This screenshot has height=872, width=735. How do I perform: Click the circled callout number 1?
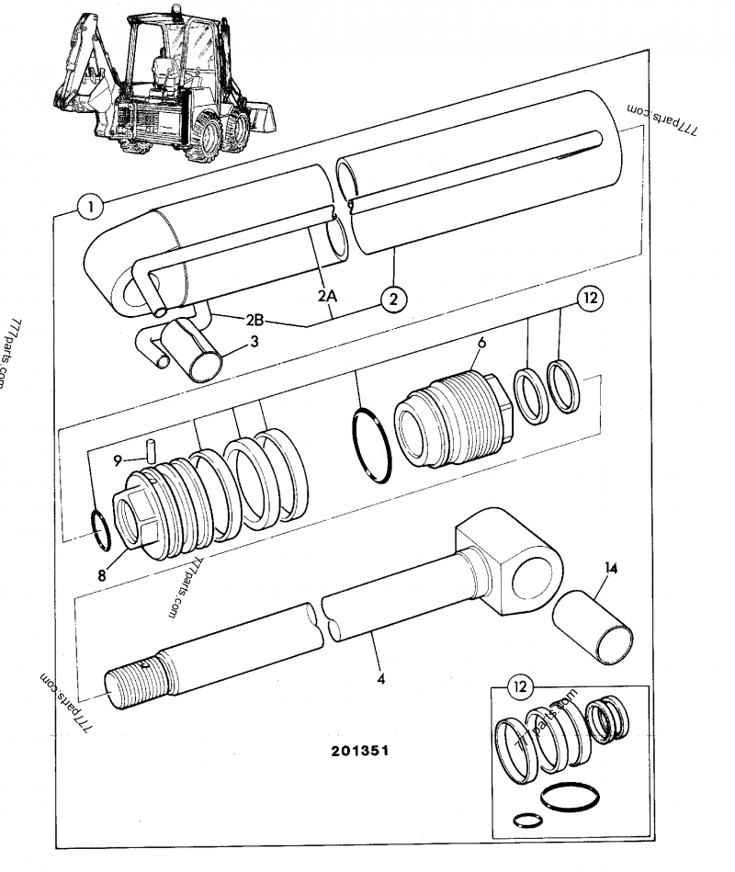coord(89,207)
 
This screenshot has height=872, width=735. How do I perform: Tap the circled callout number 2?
coord(392,299)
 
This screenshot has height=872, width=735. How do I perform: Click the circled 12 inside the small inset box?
coord(522,685)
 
